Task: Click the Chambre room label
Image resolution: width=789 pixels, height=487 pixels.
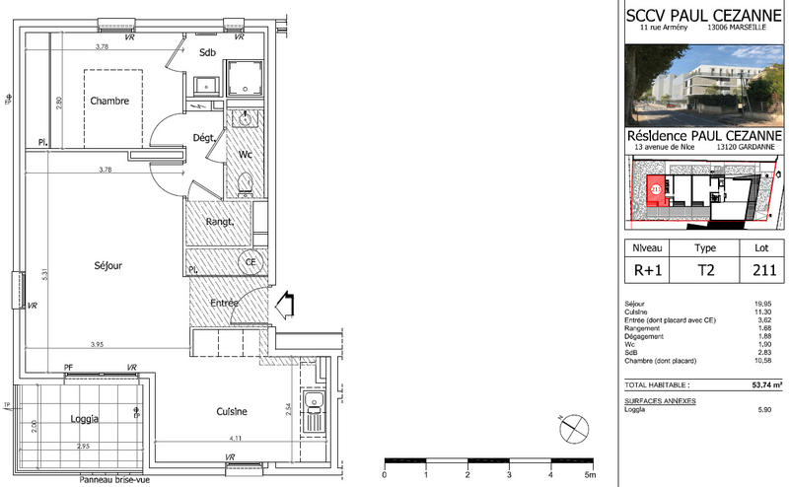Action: [x=110, y=101]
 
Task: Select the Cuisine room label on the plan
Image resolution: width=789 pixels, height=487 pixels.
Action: [x=227, y=411]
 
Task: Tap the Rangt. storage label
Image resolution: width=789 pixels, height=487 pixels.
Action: [x=218, y=222]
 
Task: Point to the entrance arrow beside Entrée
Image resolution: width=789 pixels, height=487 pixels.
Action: [x=285, y=305]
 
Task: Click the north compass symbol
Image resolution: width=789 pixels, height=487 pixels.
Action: [x=571, y=429]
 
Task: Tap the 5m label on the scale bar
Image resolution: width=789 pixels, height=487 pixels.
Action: [x=591, y=474]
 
